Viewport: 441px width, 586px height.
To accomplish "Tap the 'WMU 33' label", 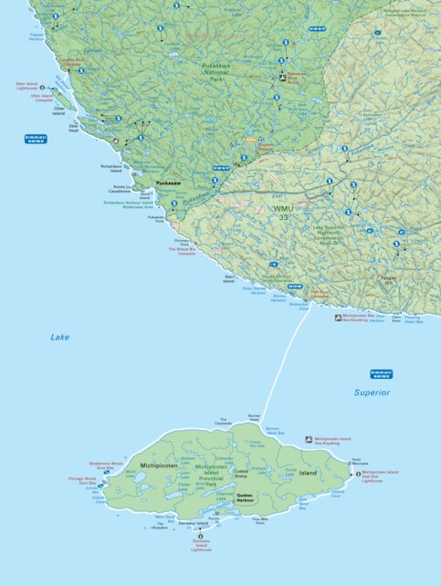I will tap(285, 214).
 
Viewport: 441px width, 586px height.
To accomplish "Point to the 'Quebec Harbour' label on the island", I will tap(245, 497).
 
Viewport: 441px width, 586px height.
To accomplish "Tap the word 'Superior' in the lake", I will tap(372, 392).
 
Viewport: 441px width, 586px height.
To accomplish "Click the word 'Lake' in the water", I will tap(59, 337).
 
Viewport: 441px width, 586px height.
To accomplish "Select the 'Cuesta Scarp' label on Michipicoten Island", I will tap(240, 474).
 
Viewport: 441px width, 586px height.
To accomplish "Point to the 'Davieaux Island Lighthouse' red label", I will tap(203, 545).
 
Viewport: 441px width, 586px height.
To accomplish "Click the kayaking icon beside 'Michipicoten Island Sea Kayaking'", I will tap(309, 439).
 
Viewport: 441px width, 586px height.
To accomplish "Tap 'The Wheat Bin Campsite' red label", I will tap(181, 251).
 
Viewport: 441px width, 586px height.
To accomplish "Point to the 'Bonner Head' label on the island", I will tap(255, 419).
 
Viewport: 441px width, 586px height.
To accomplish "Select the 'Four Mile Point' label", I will tap(260, 520).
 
